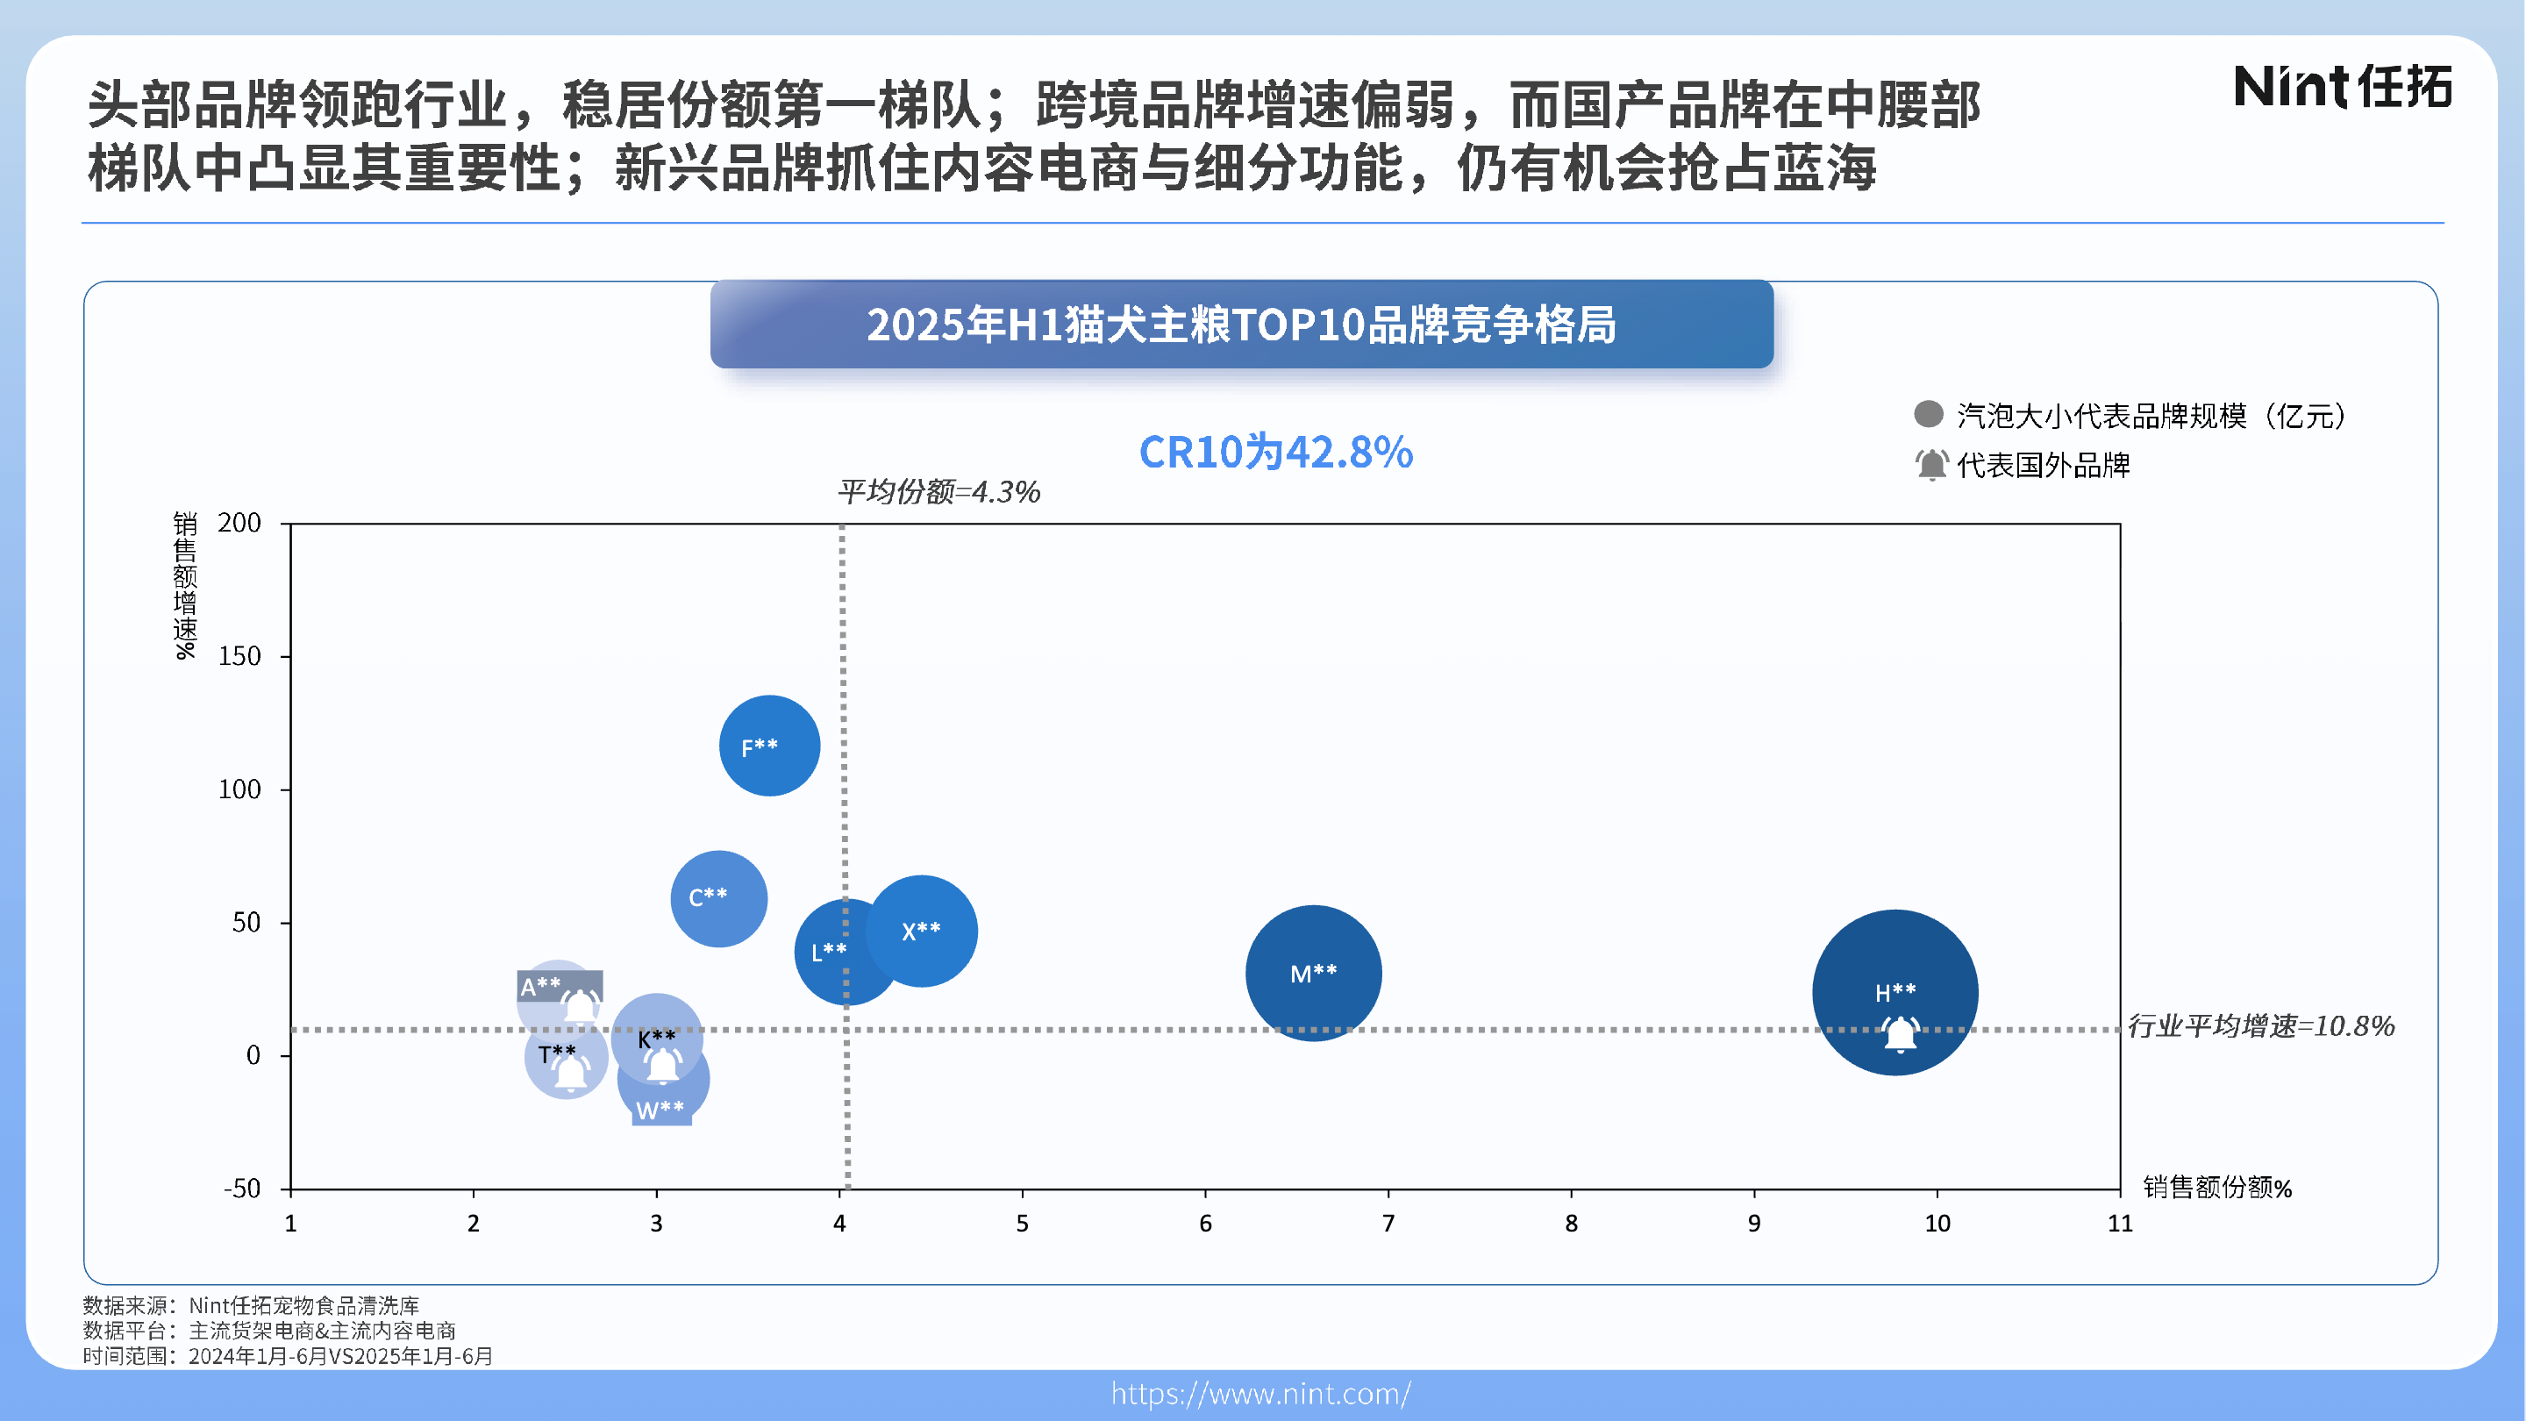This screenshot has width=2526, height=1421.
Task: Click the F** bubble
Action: tap(769, 746)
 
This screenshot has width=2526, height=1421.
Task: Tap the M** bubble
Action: tap(1313, 973)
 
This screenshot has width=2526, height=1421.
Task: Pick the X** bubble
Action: tap(922, 931)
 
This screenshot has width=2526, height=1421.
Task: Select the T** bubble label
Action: tap(556, 1053)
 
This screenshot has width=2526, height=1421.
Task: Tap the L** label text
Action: tap(828, 951)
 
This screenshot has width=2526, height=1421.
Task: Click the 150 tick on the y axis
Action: tap(239, 656)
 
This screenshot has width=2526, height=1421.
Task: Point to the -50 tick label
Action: tap(241, 1189)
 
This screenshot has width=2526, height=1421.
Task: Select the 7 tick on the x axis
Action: tap(1388, 1223)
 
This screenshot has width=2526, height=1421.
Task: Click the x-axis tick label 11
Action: tap(2119, 1223)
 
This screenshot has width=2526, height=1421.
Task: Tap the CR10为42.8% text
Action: tap(1274, 452)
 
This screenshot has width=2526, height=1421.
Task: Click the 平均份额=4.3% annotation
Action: tap(938, 491)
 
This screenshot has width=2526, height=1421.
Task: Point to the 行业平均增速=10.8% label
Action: tap(2260, 1025)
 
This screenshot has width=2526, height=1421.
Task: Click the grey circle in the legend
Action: tap(1928, 414)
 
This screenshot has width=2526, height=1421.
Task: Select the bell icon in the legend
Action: tap(1930, 464)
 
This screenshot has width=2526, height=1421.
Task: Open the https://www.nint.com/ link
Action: tap(1261, 1394)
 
